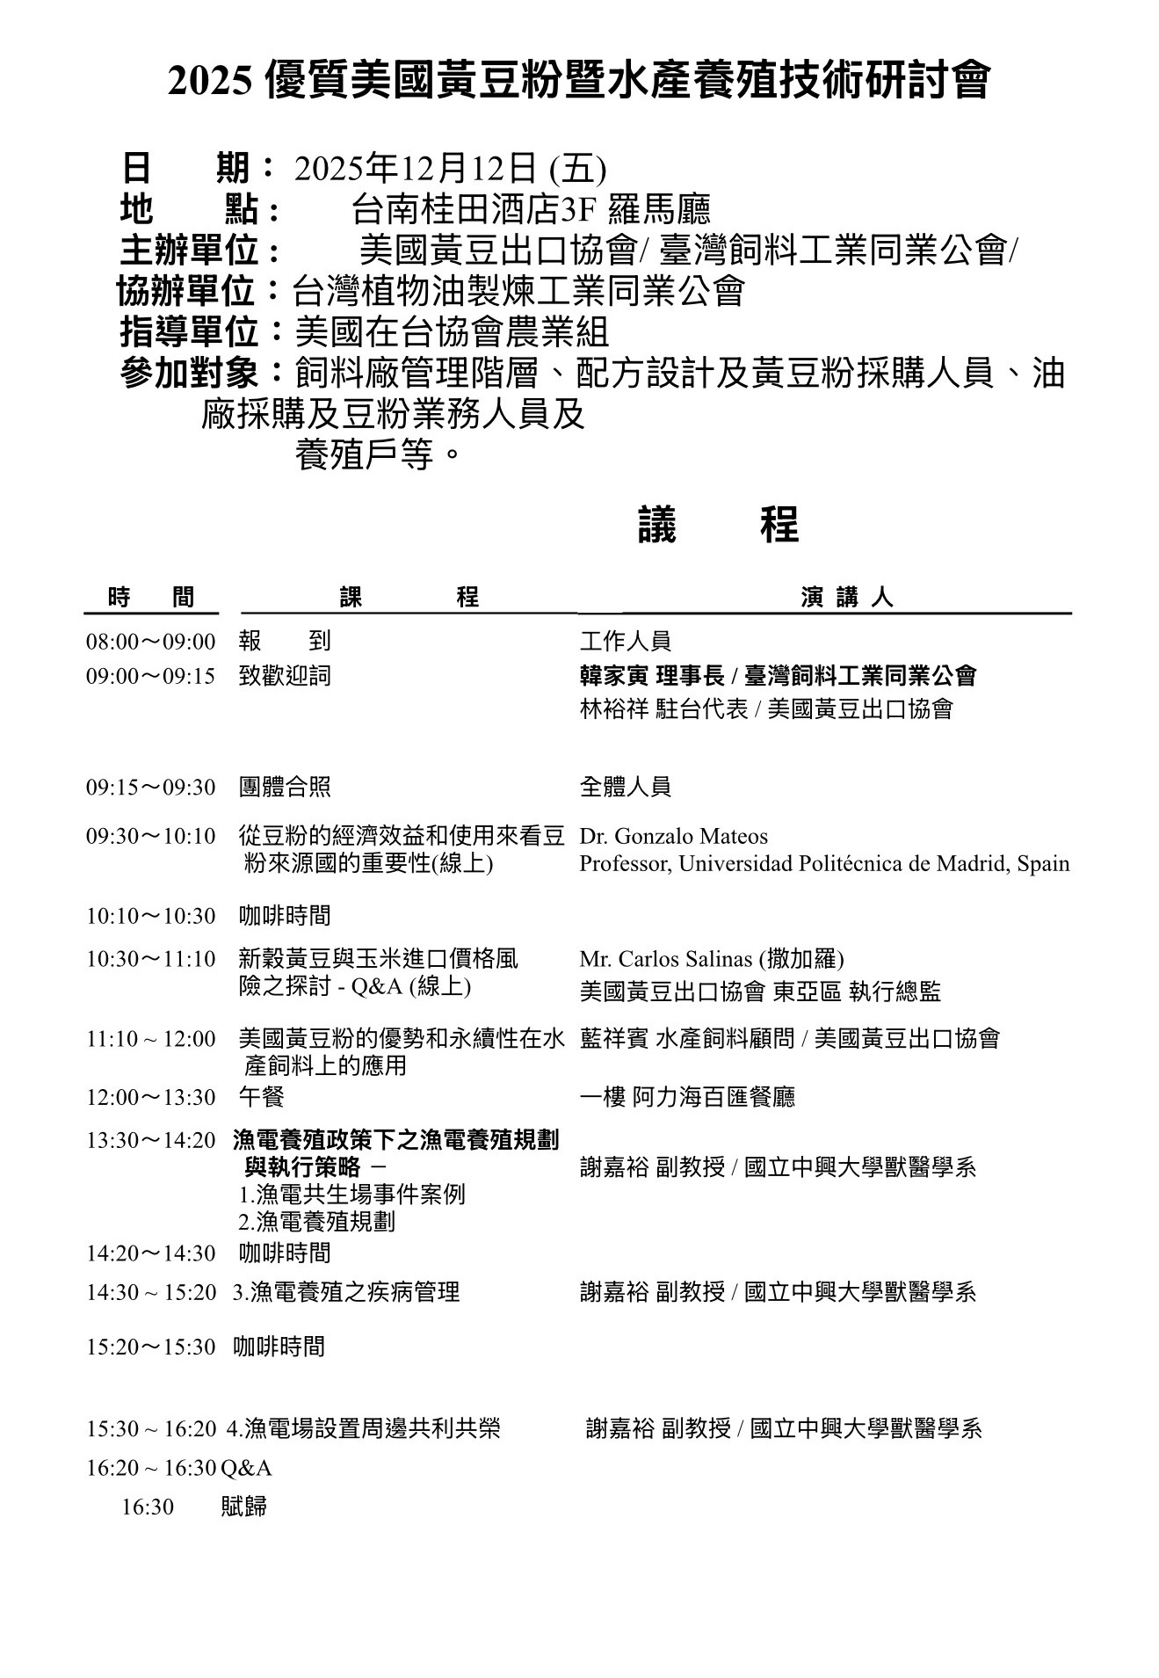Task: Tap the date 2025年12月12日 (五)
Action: tap(450, 168)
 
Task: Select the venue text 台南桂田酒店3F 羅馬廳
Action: tap(530, 210)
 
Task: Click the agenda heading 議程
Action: tap(718, 526)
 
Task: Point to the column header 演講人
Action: tap(846, 598)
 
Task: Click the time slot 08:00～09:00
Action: tap(150, 642)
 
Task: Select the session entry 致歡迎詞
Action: tap(285, 676)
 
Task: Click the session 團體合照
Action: tap(285, 787)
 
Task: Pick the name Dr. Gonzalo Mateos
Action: tap(673, 836)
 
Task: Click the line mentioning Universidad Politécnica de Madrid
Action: tap(824, 863)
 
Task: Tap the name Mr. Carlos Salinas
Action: tap(666, 958)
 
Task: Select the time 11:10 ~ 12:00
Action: tap(150, 1039)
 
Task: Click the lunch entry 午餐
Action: tap(261, 1097)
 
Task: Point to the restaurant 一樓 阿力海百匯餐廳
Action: tap(687, 1097)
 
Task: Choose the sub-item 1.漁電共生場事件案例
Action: tap(351, 1195)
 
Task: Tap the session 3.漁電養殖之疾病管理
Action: tap(346, 1292)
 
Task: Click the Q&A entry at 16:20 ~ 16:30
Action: tap(247, 1469)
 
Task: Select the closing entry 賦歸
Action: tap(243, 1507)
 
